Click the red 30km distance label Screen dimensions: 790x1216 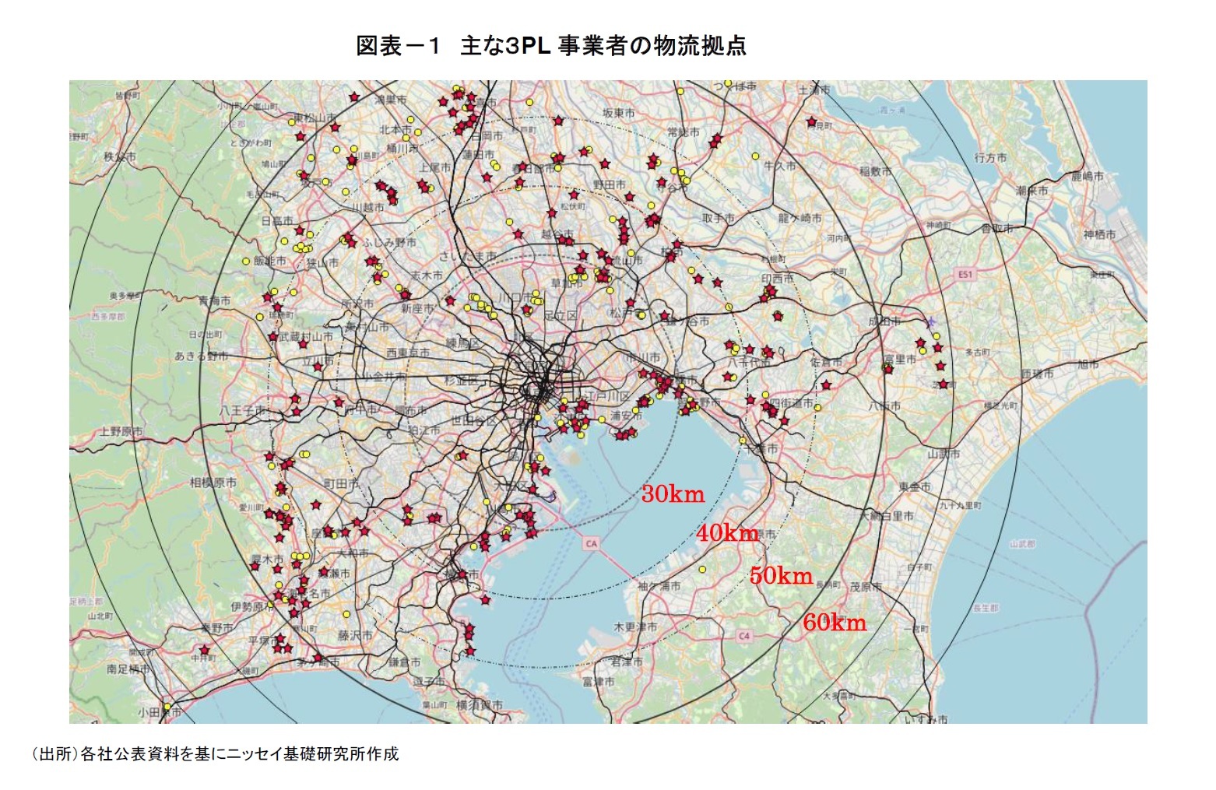(673, 493)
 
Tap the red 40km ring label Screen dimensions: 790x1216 (727, 532)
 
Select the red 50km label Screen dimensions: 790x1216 (781, 576)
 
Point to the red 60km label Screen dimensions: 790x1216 (835, 622)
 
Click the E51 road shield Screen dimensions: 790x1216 (965, 274)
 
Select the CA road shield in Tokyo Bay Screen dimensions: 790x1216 (591, 543)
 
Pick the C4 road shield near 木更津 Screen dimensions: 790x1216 (744, 636)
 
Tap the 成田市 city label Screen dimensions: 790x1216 (884, 321)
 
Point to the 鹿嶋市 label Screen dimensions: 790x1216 (1087, 177)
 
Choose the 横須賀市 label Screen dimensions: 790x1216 (480, 704)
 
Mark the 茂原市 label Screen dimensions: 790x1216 (866, 587)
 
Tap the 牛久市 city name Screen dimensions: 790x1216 (779, 166)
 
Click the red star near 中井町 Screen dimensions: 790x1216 (205, 650)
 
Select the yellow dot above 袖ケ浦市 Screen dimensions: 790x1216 (703, 569)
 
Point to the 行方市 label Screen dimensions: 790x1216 (990, 157)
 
